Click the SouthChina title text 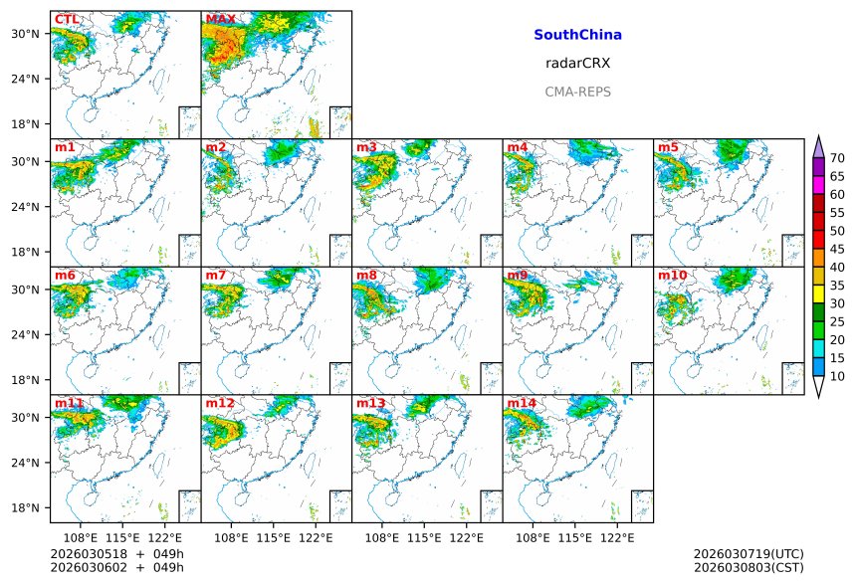point(577,35)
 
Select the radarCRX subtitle point(577,63)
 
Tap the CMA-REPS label point(577,92)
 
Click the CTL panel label point(67,20)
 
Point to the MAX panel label point(220,20)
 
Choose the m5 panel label point(667,147)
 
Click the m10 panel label point(672,276)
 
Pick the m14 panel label point(521,403)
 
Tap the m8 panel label point(366,276)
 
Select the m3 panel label point(366,147)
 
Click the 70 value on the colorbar point(837,158)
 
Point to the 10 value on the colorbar point(837,376)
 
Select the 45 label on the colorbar point(837,249)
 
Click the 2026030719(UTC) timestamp point(748,553)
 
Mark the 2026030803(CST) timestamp point(748,567)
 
